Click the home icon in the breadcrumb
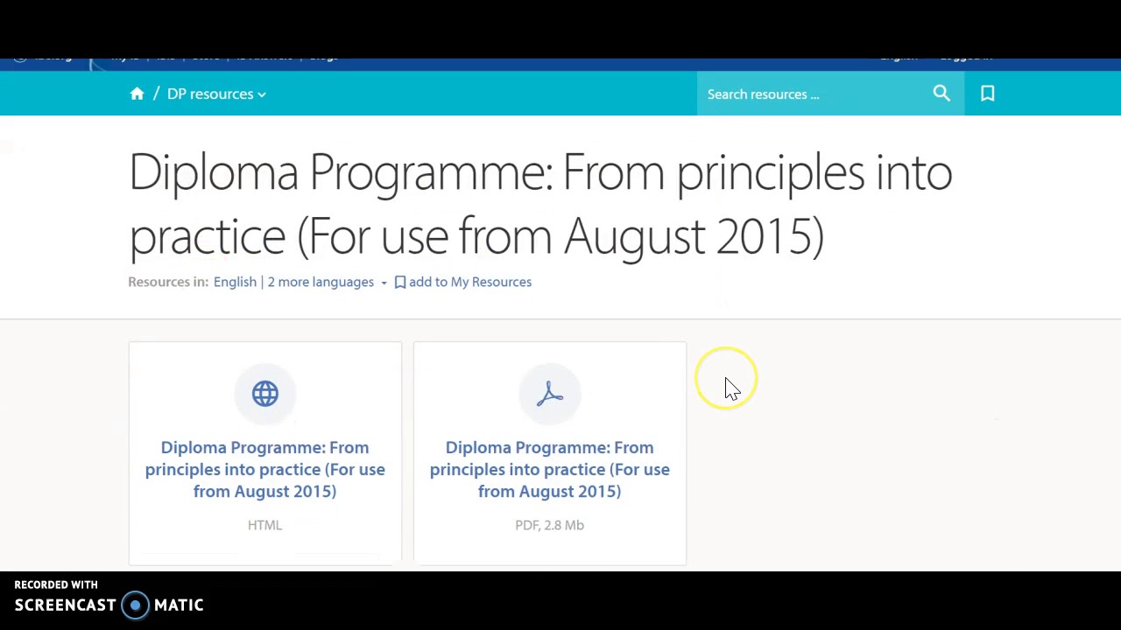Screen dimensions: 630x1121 (x=137, y=94)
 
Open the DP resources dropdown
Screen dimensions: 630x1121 (x=215, y=94)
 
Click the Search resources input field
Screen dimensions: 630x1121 (x=810, y=94)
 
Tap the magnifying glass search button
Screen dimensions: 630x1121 (x=941, y=94)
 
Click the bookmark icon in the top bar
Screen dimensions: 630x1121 (x=987, y=94)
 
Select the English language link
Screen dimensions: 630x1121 (x=235, y=282)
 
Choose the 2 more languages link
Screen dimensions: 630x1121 (x=321, y=282)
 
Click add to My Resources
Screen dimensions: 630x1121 (x=469, y=282)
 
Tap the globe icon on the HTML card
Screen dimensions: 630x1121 (x=264, y=394)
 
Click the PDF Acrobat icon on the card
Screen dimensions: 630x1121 (x=549, y=394)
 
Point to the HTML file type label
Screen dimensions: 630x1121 (x=264, y=525)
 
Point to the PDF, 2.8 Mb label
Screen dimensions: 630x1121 (x=549, y=525)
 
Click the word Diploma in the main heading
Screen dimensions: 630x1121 (x=214, y=172)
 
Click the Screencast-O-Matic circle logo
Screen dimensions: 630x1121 (x=135, y=605)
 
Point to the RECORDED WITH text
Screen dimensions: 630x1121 (x=56, y=584)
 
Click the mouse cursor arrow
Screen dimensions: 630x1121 (x=731, y=388)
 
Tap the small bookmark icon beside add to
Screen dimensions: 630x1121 (x=399, y=282)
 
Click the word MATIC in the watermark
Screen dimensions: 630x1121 (x=179, y=605)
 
